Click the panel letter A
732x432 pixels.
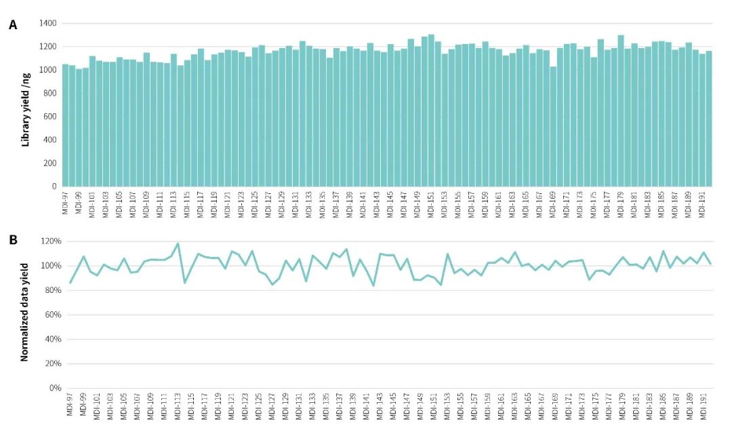pos(13,25)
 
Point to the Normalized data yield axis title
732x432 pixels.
pos(26,312)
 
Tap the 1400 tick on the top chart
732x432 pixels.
pos(47,24)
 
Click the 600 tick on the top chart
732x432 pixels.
pos(50,117)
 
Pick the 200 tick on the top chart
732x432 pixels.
pos(50,163)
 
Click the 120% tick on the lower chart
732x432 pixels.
pos(49,241)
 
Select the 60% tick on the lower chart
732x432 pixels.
pos(52,315)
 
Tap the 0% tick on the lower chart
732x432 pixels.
pos(54,388)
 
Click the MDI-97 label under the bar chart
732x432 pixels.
pos(66,201)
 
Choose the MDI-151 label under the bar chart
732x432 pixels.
pos(432,203)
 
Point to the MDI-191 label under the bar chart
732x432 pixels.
pos(703,203)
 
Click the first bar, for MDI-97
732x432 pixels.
pos(66,125)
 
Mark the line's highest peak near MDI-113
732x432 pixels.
pos(178,243)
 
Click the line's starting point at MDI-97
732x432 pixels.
pos(70,283)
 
